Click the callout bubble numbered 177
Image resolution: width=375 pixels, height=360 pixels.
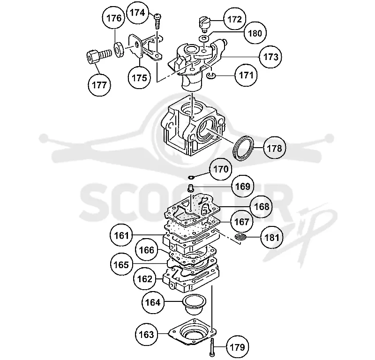coord(99,85)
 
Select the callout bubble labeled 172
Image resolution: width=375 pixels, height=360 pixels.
coord(235,19)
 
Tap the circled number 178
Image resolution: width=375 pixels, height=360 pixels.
coord(274,148)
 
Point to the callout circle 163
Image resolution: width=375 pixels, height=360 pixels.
coord(146,334)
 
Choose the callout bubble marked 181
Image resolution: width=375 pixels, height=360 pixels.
coord(272,238)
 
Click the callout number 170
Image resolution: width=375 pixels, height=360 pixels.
coord(220,169)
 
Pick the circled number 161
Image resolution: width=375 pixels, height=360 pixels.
coord(121,236)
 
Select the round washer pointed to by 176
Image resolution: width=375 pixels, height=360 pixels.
coord(119,50)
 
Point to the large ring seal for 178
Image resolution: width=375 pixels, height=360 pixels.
coord(243,147)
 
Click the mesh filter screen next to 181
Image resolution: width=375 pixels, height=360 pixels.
coord(240,237)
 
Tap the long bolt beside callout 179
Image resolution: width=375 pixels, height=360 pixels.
coord(212,347)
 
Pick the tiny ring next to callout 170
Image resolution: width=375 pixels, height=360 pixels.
coord(191,177)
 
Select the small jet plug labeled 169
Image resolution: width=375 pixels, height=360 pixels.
coord(191,188)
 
